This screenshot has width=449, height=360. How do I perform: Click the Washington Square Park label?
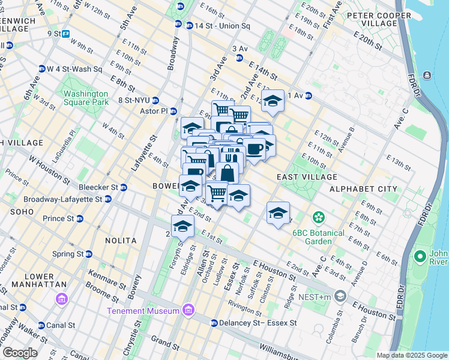[86, 98]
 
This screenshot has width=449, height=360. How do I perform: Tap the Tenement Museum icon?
[188, 310]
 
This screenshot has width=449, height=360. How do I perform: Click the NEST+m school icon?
[340, 296]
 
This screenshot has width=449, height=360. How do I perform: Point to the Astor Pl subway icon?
[173, 111]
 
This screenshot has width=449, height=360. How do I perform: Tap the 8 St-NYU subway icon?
[155, 100]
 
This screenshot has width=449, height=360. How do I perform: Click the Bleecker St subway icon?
[123, 187]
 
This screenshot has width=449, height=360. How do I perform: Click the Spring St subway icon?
[88, 254]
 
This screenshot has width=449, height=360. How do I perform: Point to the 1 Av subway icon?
[309, 95]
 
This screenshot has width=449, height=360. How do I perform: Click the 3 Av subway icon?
[239, 58]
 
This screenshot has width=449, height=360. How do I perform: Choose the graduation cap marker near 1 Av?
[273, 101]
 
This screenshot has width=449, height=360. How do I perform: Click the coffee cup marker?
[255, 149]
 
